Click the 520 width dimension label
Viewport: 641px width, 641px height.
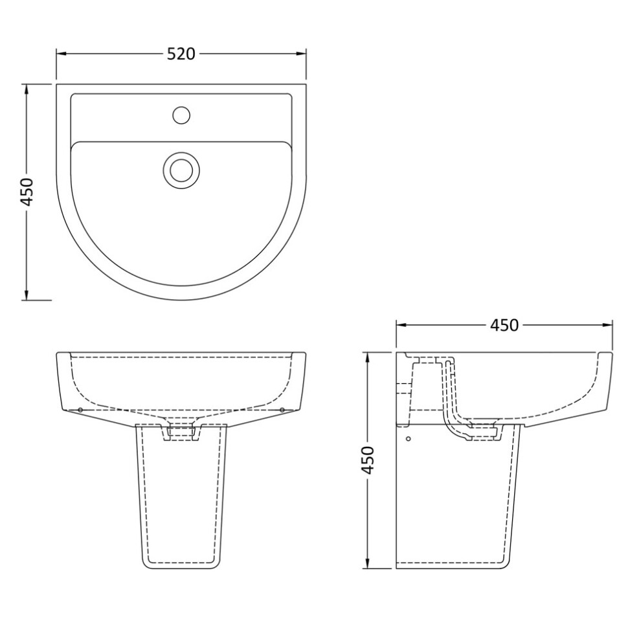pyautogui.click(x=181, y=54)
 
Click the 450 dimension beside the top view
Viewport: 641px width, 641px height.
pyautogui.click(x=27, y=192)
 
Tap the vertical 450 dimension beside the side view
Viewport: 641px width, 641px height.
pyautogui.click(x=368, y=460)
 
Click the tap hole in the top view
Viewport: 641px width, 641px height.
pyautogui.click(x=181, y=115)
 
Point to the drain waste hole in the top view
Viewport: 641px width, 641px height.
pyautogui.click(x=181, y=170)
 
